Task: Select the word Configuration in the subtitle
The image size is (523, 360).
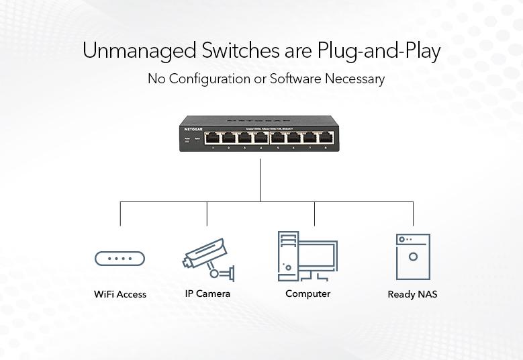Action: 208,79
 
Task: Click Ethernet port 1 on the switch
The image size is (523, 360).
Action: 213,138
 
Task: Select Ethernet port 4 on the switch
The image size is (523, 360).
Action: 260,138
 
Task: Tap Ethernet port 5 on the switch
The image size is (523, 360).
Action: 278,138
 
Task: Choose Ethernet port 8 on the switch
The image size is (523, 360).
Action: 326,138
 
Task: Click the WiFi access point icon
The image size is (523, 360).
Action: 120,259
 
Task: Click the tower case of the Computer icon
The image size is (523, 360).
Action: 287,255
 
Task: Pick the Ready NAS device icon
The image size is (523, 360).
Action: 413,257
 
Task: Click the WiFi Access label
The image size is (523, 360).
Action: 120,294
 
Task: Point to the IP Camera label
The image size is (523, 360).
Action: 207,294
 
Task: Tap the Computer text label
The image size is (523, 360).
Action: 307,294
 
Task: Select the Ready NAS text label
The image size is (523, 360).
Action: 412,294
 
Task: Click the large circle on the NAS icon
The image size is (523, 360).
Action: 413,257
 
